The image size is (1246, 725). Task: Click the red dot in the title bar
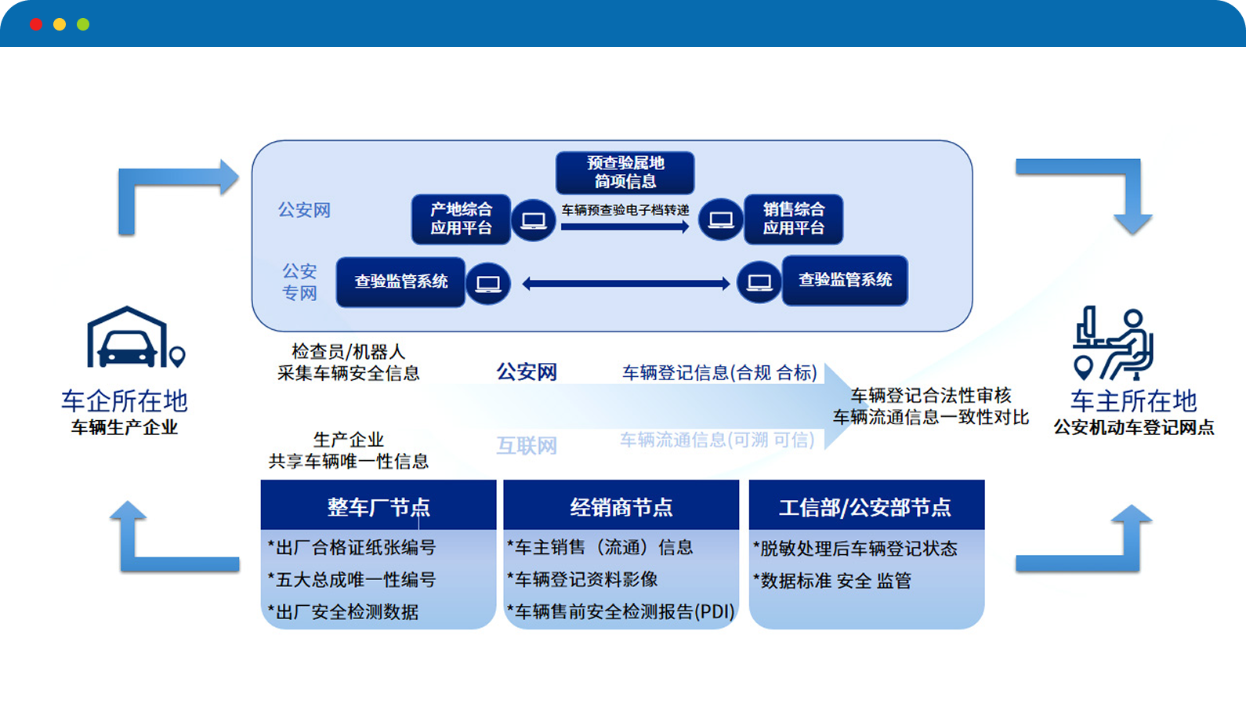[x=36, y=24]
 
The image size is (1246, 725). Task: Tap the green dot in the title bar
[x=83, y=24]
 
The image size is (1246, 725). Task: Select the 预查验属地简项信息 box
[x=625, y=172]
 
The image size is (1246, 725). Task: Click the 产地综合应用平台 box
[x=461, y=219]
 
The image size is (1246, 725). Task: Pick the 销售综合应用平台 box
[x=793, y=219]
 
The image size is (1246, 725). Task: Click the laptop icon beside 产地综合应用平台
[x=534, y=220]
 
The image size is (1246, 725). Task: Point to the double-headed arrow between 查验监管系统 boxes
[x=625, y=284]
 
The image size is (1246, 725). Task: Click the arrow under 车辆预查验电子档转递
[x=625, y=227]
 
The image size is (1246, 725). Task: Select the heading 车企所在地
[x=125, y=401]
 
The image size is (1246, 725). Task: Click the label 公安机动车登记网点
[x=1133, y=427]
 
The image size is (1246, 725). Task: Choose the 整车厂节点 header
[x=379, y=506]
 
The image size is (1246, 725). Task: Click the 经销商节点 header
[x=621, y=506]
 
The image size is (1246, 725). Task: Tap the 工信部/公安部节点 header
[x=865, y=507]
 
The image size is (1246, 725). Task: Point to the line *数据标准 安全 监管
[x=832, y=581]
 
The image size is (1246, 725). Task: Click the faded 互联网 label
[x=527, y=446]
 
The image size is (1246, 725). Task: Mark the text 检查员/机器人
[x=348, y=351]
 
